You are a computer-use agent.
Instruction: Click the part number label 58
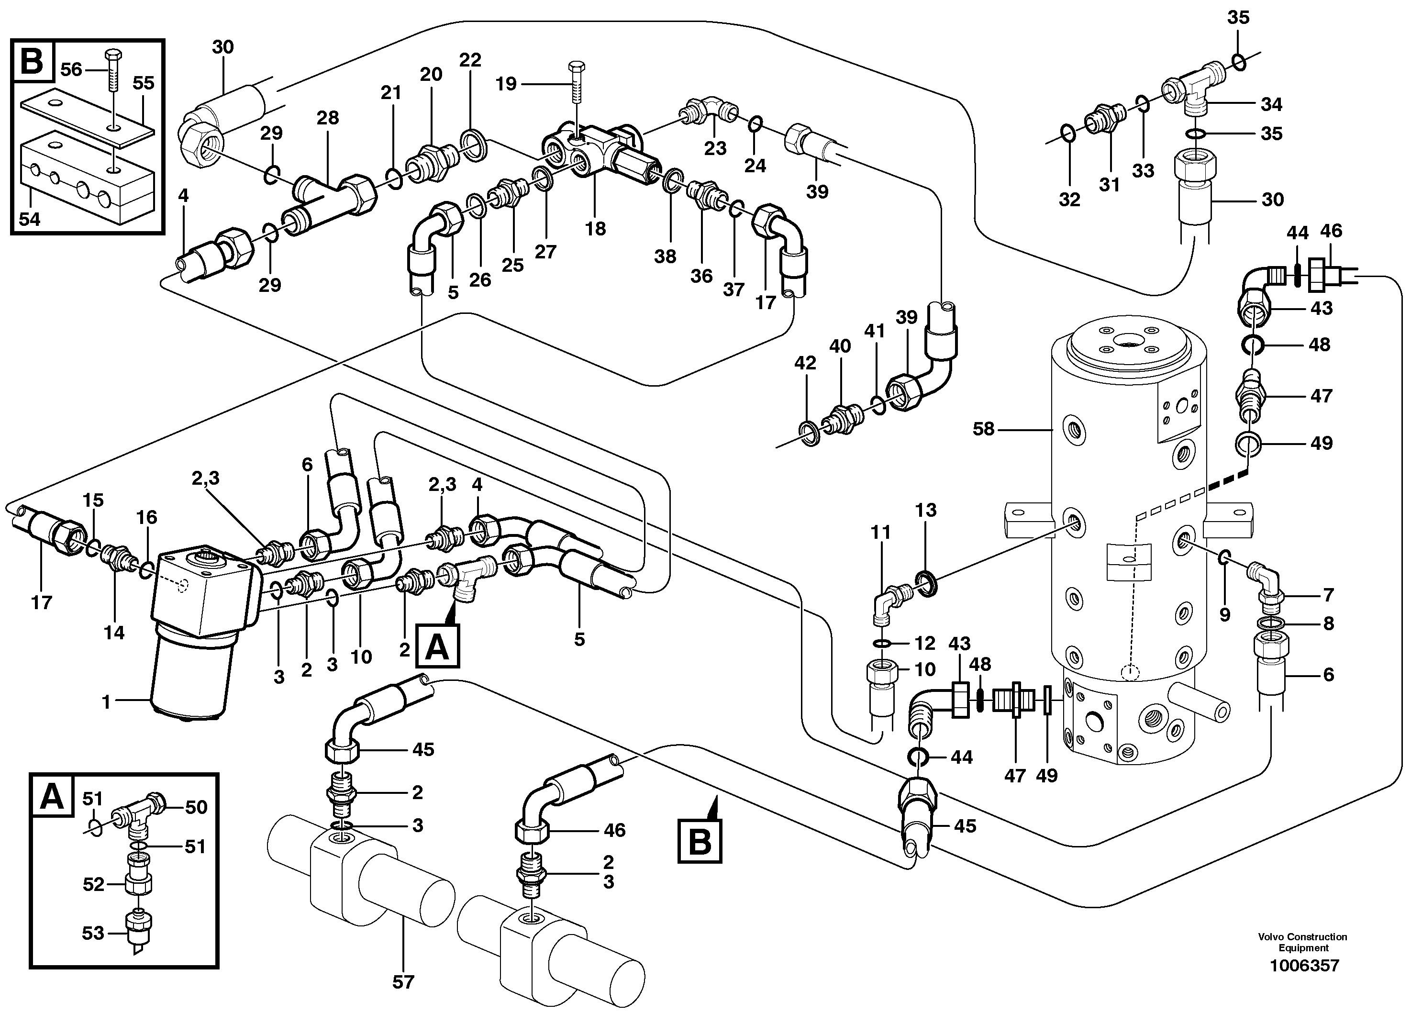[983, 429]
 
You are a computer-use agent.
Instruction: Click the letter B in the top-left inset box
[33, 61]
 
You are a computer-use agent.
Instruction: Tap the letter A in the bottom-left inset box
[51, 796]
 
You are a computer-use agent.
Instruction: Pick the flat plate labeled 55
[87, 118]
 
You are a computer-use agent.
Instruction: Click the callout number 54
[29, 219]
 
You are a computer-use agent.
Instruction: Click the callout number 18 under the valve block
[595, 229]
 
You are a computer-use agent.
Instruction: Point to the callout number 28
[327, 118]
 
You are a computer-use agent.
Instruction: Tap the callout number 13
[925, 510]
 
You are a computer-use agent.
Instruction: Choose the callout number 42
[805, 363]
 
